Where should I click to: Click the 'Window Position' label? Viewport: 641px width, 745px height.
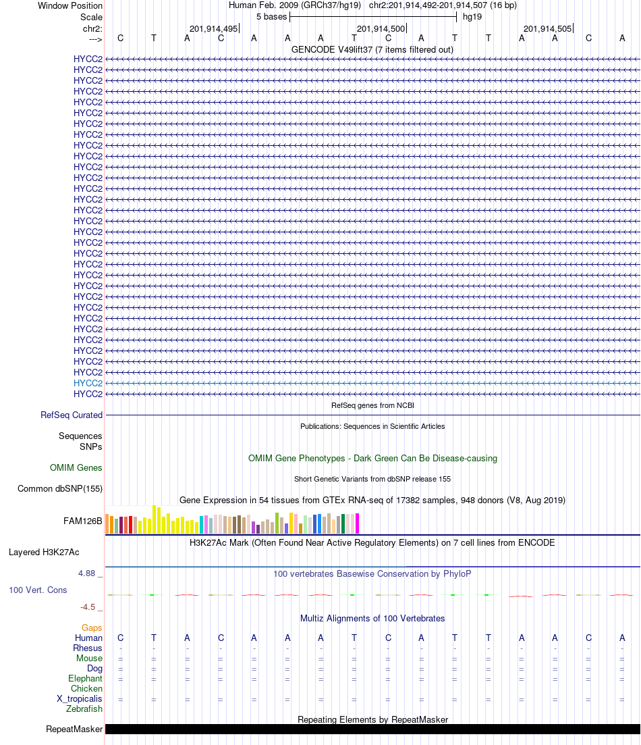click(x=70, y=5)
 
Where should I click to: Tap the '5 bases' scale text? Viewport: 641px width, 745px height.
click(x=271, y=16)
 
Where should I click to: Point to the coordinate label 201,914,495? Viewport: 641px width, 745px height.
click(x=214, y=28)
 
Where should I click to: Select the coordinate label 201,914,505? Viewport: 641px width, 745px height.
click(x=547, y=28)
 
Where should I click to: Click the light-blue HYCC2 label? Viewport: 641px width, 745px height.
click(x=88, y=383)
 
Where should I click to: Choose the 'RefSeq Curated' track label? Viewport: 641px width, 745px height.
click(x=72, y=415)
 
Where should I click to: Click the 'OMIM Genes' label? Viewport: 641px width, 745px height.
click(x=76, y=467)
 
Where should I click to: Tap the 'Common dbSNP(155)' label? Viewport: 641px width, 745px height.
click(x=60, y=489)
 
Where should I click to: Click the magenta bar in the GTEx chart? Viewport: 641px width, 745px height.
click(x=358, y=523)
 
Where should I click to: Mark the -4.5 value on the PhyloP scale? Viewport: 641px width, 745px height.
click(x=88, y=607)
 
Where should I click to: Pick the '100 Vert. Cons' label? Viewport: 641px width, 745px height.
click(x=38, y=590)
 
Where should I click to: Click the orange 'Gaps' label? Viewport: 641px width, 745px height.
click(x=92, y=627)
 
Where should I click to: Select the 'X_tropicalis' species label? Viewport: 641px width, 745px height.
click(x=80, y=698)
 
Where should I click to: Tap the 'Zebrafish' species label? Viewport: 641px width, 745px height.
click(x=84, y=709)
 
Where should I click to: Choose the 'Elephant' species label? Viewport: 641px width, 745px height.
click(x=85, y=678)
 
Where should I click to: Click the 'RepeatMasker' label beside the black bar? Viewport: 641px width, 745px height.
click(x=74, y=729)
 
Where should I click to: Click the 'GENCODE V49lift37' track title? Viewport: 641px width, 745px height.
click(x=372, y=50)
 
